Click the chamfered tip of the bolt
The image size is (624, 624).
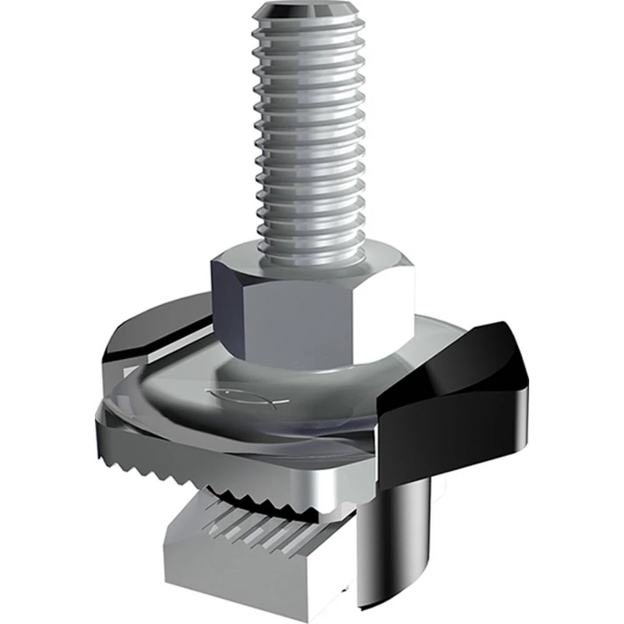(308, 11)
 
